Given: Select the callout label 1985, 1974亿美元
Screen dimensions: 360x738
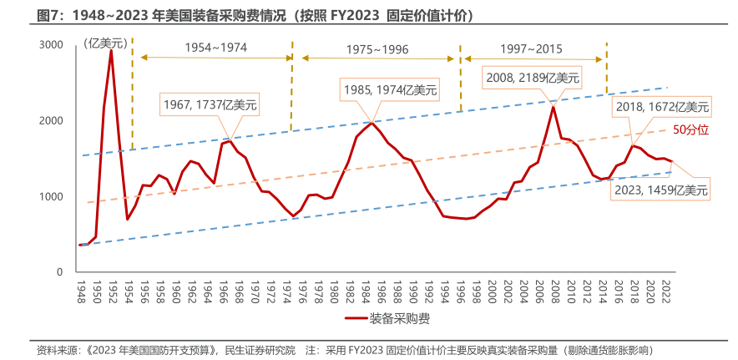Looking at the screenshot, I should (x=389, y=89).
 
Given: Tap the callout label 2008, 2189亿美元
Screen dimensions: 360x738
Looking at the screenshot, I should (x=533, y=78).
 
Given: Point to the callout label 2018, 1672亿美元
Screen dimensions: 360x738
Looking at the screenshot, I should (x=661, y=106).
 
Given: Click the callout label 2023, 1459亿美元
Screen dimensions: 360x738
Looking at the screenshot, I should (x=661, y=190).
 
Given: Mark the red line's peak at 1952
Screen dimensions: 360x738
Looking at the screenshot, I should (x=111, y=51).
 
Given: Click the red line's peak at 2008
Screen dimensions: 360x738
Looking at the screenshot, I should (x=553, y=107).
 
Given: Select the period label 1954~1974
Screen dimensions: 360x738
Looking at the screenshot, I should (x=215, y=48).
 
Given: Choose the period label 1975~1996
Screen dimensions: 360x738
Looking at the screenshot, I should (x=377, y=49).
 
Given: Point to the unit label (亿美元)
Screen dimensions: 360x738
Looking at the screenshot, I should (x=105, y=42).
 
